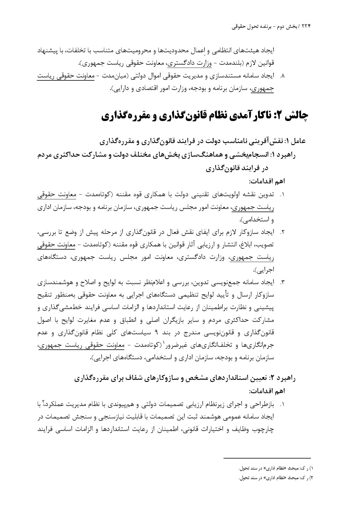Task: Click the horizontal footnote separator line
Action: point(267,458)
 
